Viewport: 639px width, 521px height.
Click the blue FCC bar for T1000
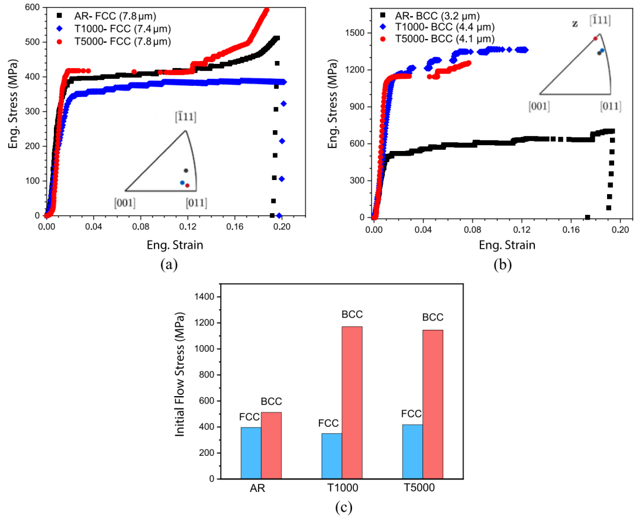click(x=332, y=456)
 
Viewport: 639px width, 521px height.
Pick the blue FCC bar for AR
click(x=251, y=453)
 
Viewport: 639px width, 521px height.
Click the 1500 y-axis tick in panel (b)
click(x=357, y=33)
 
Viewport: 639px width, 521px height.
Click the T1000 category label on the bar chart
click(x=342, y=488)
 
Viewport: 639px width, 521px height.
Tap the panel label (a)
click(x=168, y=265)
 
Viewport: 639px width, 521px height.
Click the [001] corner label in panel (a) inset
click(x=125, y=203)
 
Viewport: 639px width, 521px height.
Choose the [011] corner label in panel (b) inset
click(x=610, y=107)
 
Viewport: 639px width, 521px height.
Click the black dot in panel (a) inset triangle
click(x=185, y=171)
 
